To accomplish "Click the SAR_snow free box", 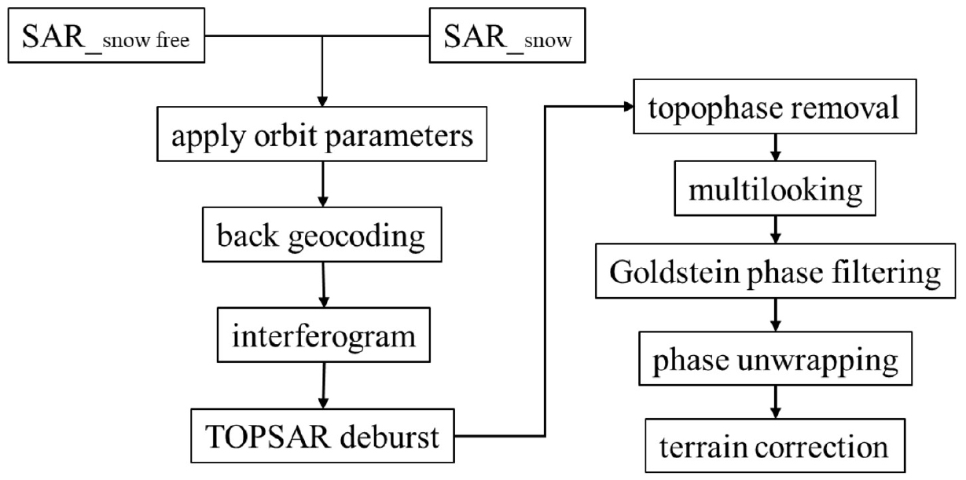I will click(107, 38).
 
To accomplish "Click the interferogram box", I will click(323, 336).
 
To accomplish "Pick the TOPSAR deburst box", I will click(323, 436).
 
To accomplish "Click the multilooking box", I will click(776, 190).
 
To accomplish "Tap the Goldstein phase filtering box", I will click(776, 273).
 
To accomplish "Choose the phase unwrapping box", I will click(776, 361).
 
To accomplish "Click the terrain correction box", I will click(776, 446).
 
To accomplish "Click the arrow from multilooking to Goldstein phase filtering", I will click(776, 230).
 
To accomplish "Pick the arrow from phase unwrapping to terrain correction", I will click(776, 404).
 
